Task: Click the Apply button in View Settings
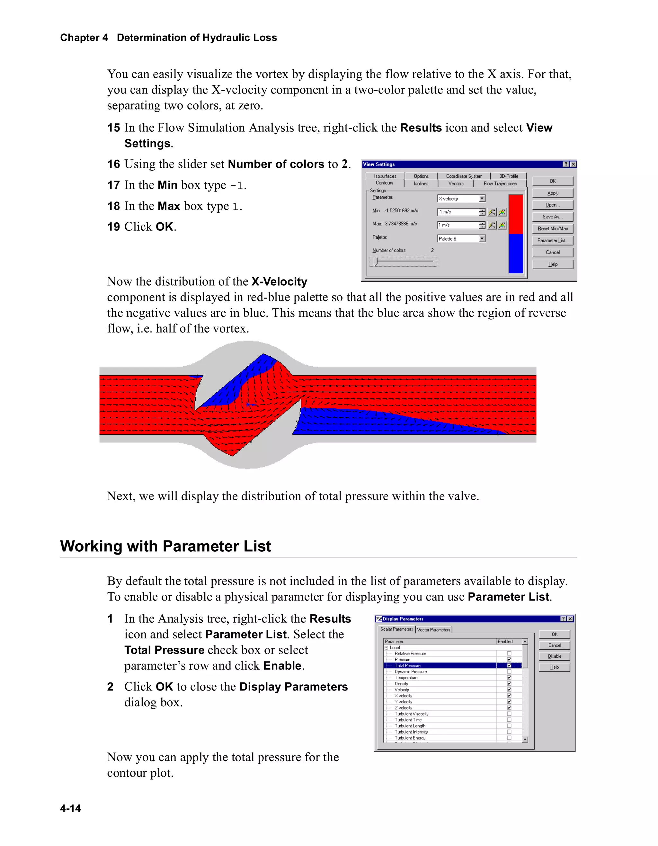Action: pyautogui.click(x=552, y=193)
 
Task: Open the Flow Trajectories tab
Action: pyautogui.click(x=500, y=183)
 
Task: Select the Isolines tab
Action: pyautogui.click(x=421, y=183)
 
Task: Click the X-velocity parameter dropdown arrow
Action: pyautogui.click(x=482, y=199)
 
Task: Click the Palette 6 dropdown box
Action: pyautogui.click(x=461, y=239)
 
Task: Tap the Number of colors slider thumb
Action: pyautogui.click(x=375, y=262)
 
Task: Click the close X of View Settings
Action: pyautogui.click(x=573, y=164)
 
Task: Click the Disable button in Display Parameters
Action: pyautogui.click(x=554, y=656)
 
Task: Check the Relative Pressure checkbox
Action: pyautogui.click(x=509, y=654)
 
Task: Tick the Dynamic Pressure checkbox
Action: pyautogui.click(x=509, y=672)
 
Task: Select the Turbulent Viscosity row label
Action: pyautogui.click(x=411, y=714)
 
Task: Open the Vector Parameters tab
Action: pyautogui.click(x=433, y=630)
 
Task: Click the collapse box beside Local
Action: pyautogui.click(x=386, y=648)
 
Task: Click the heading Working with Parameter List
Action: pyautogui.click(x=165, y=546)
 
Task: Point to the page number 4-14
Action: pyautogui.click(x=70, y=808)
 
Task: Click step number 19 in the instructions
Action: pyautogui.click(x=113, y=227)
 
